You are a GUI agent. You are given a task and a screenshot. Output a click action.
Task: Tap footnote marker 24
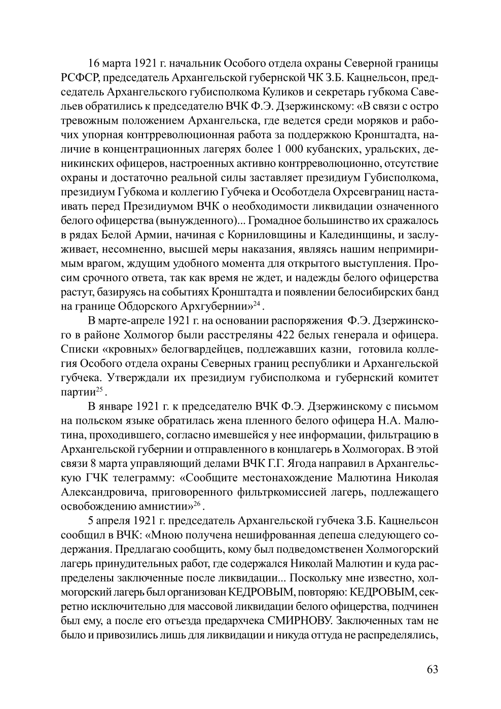tap(257, 303)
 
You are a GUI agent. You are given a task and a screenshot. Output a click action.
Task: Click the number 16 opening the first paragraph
tap(94, 64)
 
